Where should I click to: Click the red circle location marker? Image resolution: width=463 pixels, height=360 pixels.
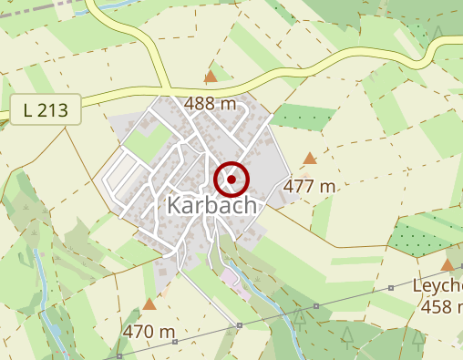(231, 180)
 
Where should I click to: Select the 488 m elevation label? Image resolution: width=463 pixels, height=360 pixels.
(211, 103)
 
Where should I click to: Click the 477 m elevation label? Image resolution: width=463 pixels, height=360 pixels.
(311, 186)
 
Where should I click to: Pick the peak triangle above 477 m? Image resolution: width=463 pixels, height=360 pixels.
(310, 159)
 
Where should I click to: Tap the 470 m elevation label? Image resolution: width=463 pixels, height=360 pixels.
(149, 331)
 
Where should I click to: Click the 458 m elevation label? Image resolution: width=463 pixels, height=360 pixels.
(441, 307)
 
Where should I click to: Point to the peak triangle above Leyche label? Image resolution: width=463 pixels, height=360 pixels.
(448, 265)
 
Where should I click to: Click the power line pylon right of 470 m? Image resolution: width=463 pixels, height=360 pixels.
(239, 325)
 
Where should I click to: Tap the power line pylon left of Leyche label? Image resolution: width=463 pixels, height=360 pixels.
(391, 289)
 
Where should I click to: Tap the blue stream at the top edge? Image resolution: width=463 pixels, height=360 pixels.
(114, 6)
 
